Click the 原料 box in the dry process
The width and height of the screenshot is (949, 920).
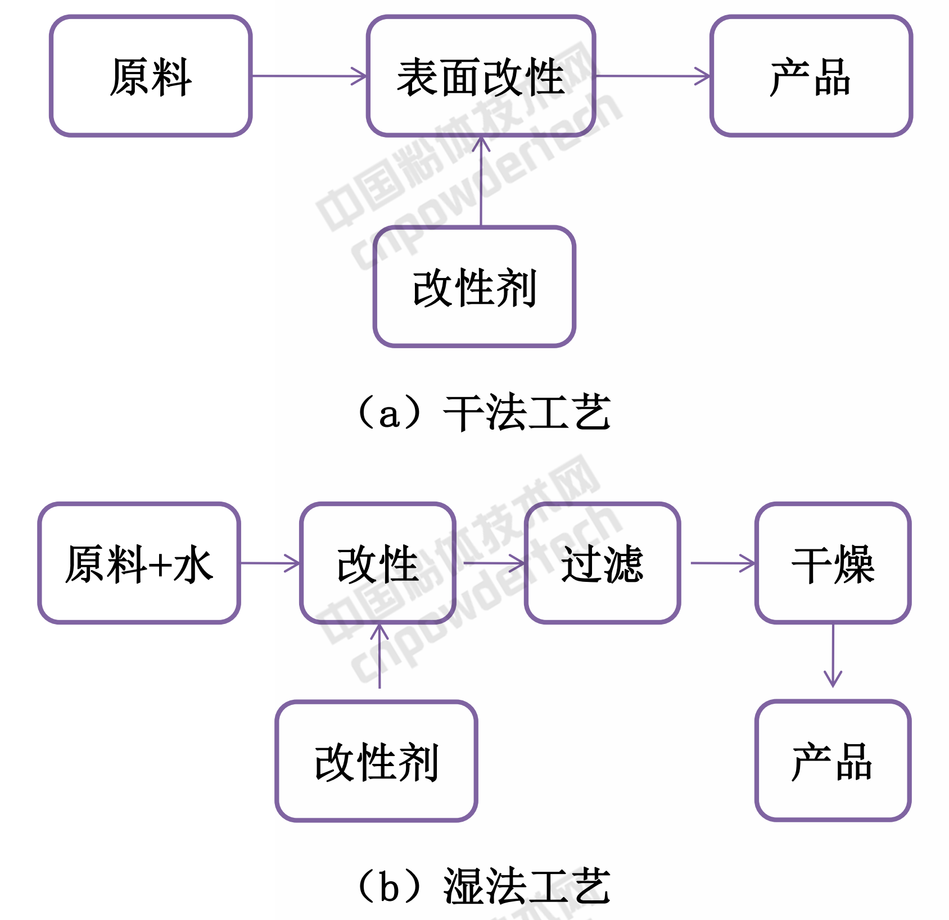pyautogui.click(x=151, y=76)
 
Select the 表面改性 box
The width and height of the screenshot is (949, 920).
pyautogui.click(x=481, y=76)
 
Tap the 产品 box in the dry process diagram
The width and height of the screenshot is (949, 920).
pyautogui.click(x=811, y=76)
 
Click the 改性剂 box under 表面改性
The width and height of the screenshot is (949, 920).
pyautogui.click(x=474, y=287)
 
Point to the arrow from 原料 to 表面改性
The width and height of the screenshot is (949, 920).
pyautogui.click(x=309, y=76)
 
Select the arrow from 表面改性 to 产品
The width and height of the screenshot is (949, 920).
pyautogui.click(x=653, y=76)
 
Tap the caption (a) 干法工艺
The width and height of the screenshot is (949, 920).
pyautogui.click(x=483, y=413)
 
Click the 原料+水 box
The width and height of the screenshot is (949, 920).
pyautogui.click(x=139, y=563)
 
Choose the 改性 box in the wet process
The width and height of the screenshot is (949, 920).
pyautogui.click(x=378, y=563)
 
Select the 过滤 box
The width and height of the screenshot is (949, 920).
pyautogui.click(x=603, y=563)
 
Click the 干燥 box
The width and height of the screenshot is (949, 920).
pyautogui.click(x=833, y=563)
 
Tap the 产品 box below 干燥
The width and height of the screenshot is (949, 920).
pyautogui.click(x=833, y=761)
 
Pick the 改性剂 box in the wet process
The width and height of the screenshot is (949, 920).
pyautogui.click(x=377, y=762)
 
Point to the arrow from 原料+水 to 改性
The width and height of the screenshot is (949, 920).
pyautogui.click(x=270, y=563)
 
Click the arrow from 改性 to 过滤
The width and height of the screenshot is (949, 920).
pyautogui.click(x=493, y=563)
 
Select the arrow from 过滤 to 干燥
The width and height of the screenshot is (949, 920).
pyautogui.click(x=722, y=563)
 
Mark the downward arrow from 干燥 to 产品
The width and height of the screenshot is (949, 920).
pyautogui.click(x=833, y=655)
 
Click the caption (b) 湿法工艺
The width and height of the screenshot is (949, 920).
pyautogui.click(x=483, y=886)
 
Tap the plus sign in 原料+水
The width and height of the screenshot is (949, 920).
pyautogui.click(x=161, y=565)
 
